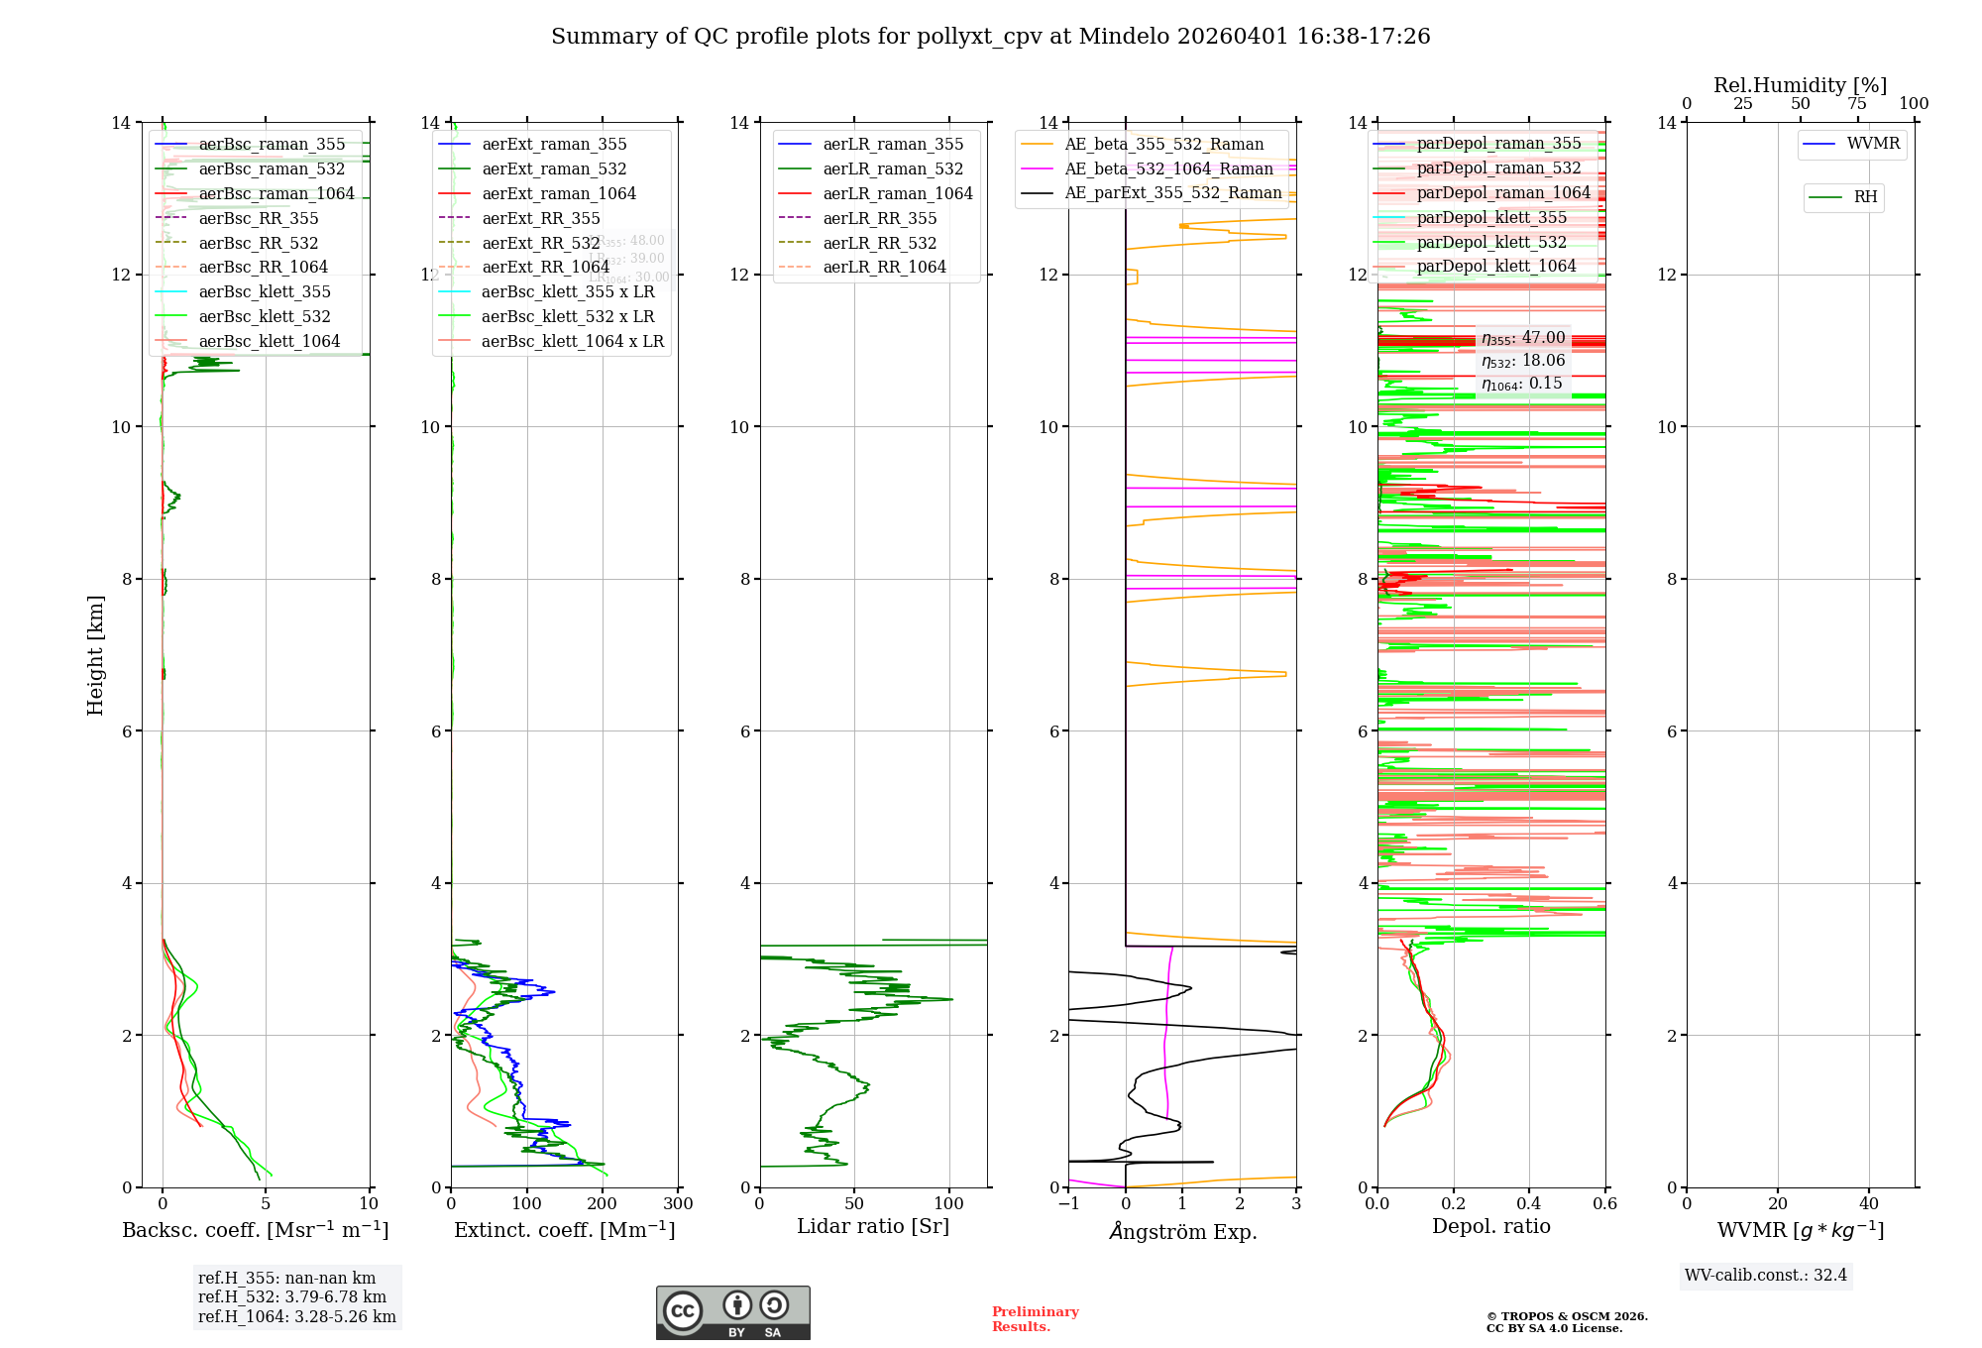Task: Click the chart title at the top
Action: tap(990, 37)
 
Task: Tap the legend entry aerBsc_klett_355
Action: tap(265, 291)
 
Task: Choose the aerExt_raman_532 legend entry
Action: tap(554, 168)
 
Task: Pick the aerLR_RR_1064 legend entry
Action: tap(884, 267)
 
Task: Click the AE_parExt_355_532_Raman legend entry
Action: tap(1172, 192)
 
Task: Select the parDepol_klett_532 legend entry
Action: tap(1491, 242)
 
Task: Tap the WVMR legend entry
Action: tap(1873, 144)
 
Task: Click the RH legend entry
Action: tap(1865, 197)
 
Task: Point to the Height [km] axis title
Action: tap(95, 654)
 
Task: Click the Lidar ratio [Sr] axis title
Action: tap(873, 1226)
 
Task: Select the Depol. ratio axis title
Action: tap(1490, 1226)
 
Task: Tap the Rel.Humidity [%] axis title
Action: tap(1800, 85)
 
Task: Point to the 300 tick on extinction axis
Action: tap(678, 1204)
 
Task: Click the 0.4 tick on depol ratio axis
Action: tap(1529, 1204)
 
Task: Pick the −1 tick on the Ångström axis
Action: tap(1068, 1204)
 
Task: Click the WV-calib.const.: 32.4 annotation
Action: tap(1765, 1275)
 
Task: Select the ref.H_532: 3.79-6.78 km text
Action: tap(292, 1296)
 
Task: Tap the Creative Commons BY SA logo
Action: tap(732, 1312)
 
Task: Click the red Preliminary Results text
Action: tap(1035, 1318)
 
